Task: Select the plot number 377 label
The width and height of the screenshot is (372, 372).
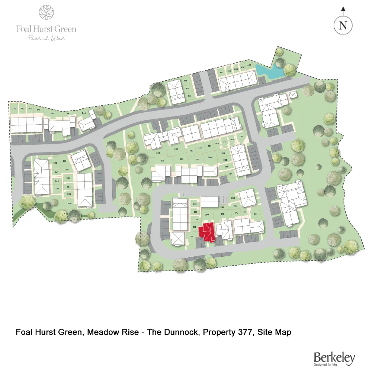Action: tap(207, 215)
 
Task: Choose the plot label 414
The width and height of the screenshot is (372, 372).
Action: tap(185, 81)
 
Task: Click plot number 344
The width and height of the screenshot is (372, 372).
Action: tap(84, 113)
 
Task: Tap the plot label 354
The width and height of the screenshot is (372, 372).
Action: tap(70, 203)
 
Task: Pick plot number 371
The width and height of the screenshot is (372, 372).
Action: tap(162, 160)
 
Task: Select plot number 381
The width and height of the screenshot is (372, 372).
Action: tap(256, 214)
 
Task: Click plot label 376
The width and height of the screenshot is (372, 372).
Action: tap(191, 237)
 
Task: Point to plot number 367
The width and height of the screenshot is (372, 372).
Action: tap(230, 174)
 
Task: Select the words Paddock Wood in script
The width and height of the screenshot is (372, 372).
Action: tap(46, 38)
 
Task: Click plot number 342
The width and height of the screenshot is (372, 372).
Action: tap(53, 113)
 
